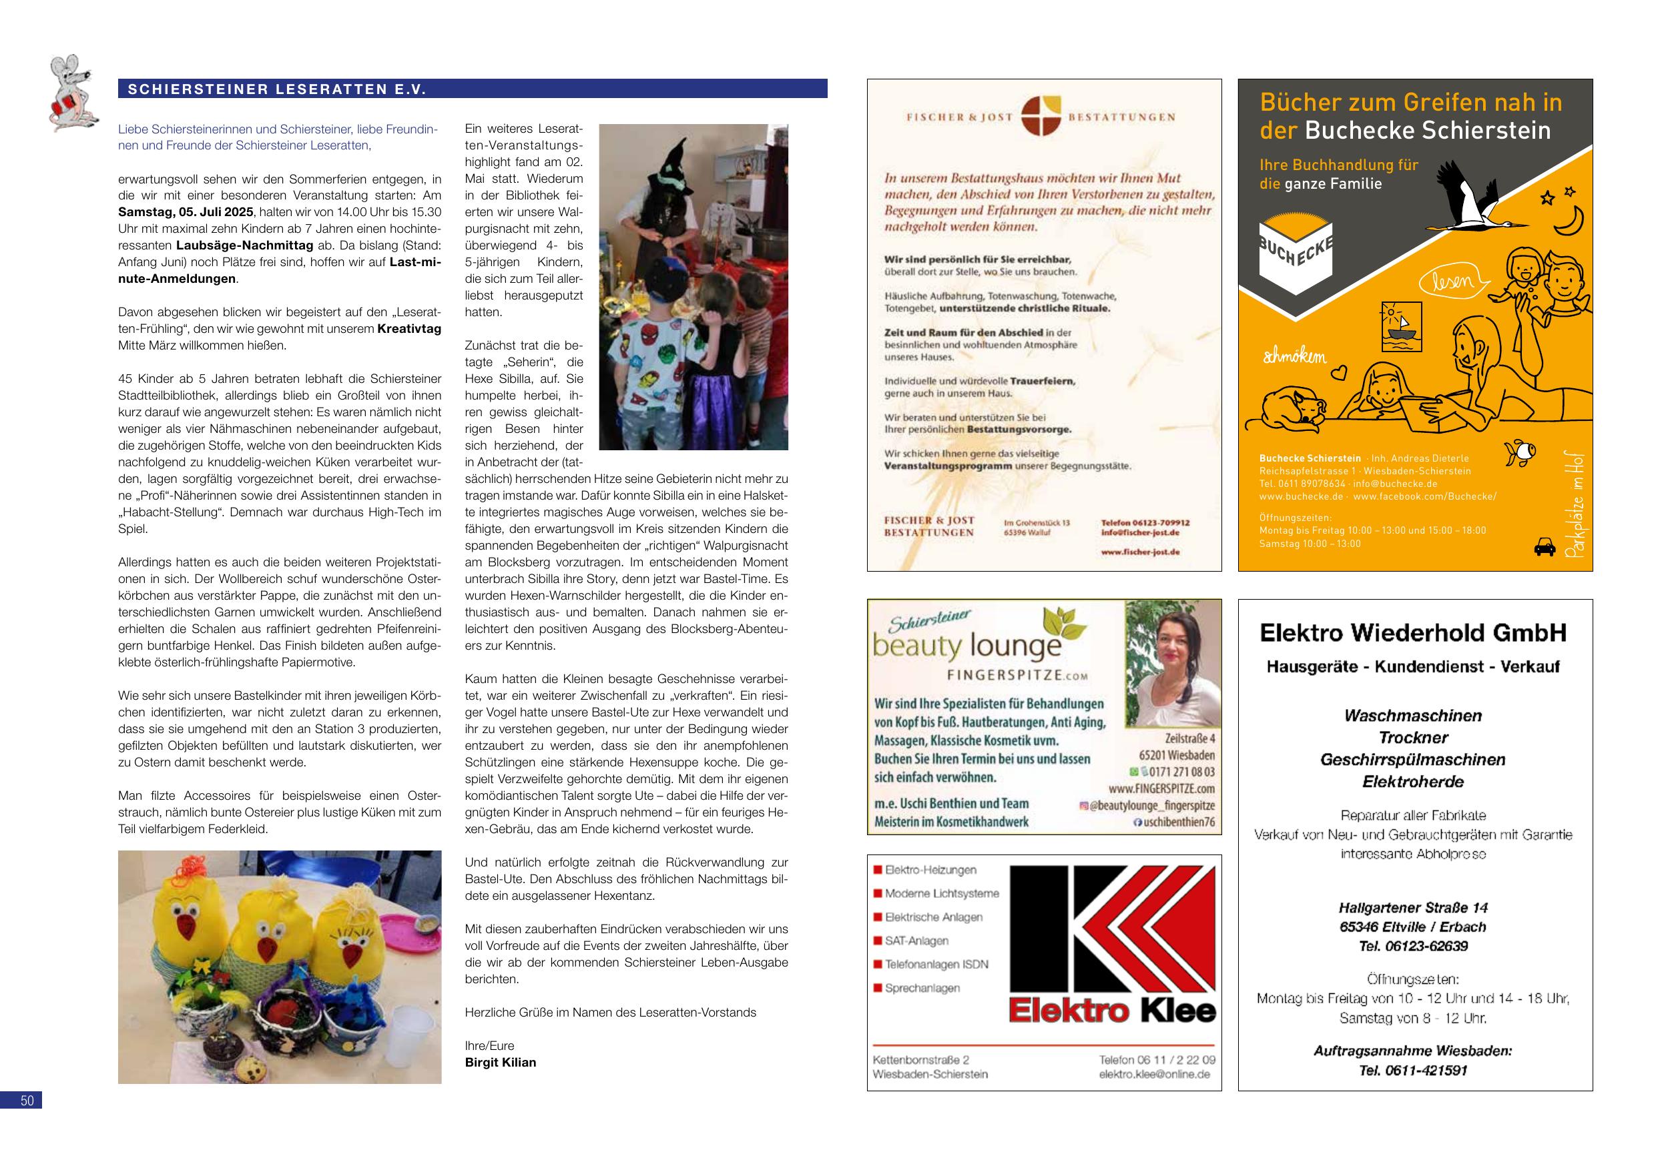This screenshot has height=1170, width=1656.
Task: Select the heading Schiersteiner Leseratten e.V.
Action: pyautogui.click(x=277, y=89)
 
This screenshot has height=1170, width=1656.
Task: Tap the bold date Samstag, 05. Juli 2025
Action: pyautogui.click(x=186, y=212)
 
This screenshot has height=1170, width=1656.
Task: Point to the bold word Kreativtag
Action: pyautogui.click(x=409, y=329)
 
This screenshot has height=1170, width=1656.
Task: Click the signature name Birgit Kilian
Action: pyautogui.click(x=501, y=1063)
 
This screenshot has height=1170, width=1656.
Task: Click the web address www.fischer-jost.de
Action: pyautogui.click(x=1139, y=552)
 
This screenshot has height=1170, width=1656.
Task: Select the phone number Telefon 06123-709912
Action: pyautogui.click(x=1145, y=523)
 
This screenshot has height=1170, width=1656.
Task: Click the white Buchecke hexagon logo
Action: pyautogui.click(x=1296, y=256)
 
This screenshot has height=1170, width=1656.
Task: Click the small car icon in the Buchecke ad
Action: pyautogui.click(x=1545, y=548)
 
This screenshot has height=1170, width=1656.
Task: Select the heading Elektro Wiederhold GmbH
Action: pyautogui.click(x=1413, y=633)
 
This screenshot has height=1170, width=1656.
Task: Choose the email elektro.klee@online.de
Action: pyautogui.click(x=1154, y=1074)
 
